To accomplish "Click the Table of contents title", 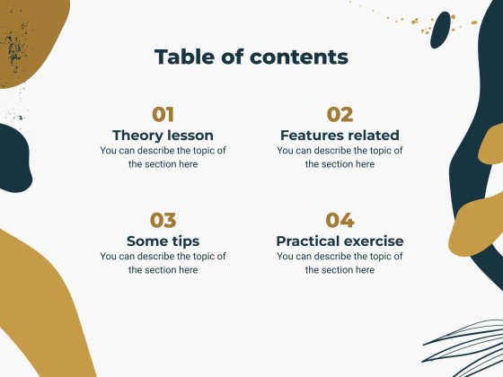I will (x=251, y=57).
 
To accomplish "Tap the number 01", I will (x=163, y=114).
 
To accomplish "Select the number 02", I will (x=340, y=114).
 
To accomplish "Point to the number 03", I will (x=163, y=220).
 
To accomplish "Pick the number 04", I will (x=340, y=220).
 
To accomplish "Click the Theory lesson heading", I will (x=163, y=135).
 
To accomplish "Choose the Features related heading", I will (x=340, y=135).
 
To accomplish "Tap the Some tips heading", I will (x=163, y=241).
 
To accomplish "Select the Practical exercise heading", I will (x=340, y=241).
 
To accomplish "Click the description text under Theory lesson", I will (x=163, y=157).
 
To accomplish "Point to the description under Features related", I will (x=340, y=157).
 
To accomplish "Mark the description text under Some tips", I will (x=163, y=263).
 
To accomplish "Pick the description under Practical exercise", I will (x=340, y=263).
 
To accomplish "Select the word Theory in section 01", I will (x=137, y=135).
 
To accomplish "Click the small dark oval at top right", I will (x=440, y=30).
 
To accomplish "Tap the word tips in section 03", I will (x=183, y=241).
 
